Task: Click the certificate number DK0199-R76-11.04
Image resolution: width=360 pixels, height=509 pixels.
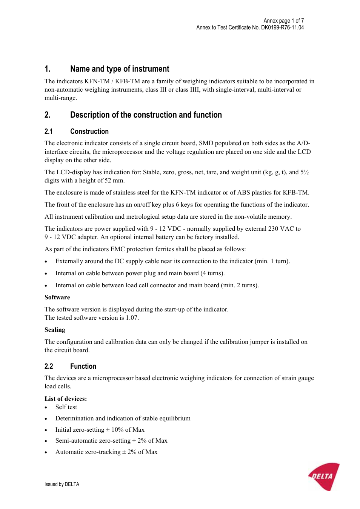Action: point(282,28)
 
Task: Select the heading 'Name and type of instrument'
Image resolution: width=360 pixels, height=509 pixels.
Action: point(120,69)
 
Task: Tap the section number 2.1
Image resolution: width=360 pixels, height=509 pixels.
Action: point(49,132)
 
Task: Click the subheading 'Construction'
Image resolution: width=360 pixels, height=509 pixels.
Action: point(89,132)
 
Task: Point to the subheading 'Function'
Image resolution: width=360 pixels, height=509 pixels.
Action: point(83,366)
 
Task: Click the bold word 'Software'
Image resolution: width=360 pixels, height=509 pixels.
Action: point(57,297)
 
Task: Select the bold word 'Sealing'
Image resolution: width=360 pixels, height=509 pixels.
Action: point(55,330)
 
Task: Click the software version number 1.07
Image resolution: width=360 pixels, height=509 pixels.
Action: point(132,318)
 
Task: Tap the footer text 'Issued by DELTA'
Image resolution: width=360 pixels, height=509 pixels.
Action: point(62,484)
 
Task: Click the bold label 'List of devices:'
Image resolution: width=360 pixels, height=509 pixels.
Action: point(66,399)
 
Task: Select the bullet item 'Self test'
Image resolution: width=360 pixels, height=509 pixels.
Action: point(66,407)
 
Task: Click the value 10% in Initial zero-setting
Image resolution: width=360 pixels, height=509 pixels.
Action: point(117,430)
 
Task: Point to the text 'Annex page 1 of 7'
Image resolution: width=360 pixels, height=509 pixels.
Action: point(283,21)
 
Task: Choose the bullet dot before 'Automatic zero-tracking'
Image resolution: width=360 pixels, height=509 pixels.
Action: point(46,452)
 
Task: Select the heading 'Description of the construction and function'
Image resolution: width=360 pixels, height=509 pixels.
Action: point(146,115)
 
